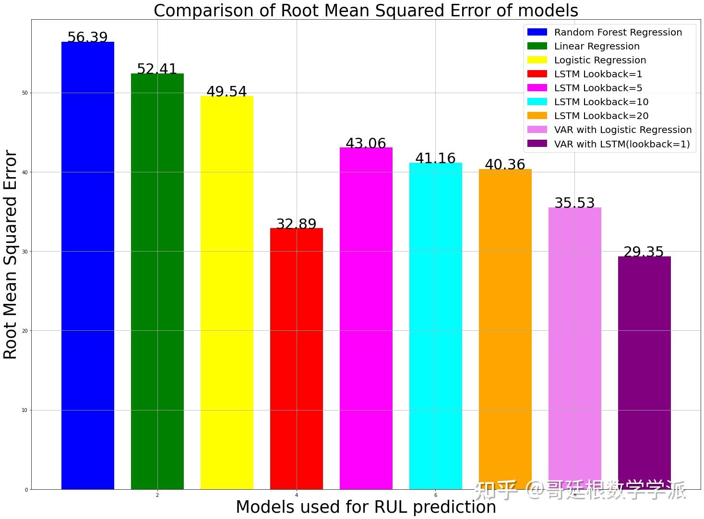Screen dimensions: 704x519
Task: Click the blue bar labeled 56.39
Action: pos(88,266)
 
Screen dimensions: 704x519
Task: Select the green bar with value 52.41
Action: pos(157,281)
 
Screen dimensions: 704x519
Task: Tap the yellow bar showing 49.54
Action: pos(227,293)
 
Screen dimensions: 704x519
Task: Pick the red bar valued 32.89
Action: pos(297,359)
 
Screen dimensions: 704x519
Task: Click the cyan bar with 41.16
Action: pos(436,326)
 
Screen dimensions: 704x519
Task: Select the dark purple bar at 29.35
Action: pos(644,373)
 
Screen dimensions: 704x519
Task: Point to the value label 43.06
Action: pos(366,143)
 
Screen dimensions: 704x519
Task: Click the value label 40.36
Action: pos(505,164)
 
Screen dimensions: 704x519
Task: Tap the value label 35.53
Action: pos(574,203)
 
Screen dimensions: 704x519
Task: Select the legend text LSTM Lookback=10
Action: pos(601,102)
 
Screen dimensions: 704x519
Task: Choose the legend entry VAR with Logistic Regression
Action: pos(623,130)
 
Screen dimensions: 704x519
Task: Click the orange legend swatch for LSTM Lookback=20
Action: pos(537,116)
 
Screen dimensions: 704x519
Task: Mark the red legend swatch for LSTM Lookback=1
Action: pos(537,73)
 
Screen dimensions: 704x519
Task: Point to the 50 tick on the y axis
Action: pos(24,93)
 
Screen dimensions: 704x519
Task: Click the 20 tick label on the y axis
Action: pos(24,331)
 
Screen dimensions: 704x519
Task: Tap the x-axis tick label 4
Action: pos(297,495)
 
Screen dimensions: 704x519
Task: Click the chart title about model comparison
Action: pos(366,10)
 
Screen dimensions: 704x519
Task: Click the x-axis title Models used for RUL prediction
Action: pos(366,507)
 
